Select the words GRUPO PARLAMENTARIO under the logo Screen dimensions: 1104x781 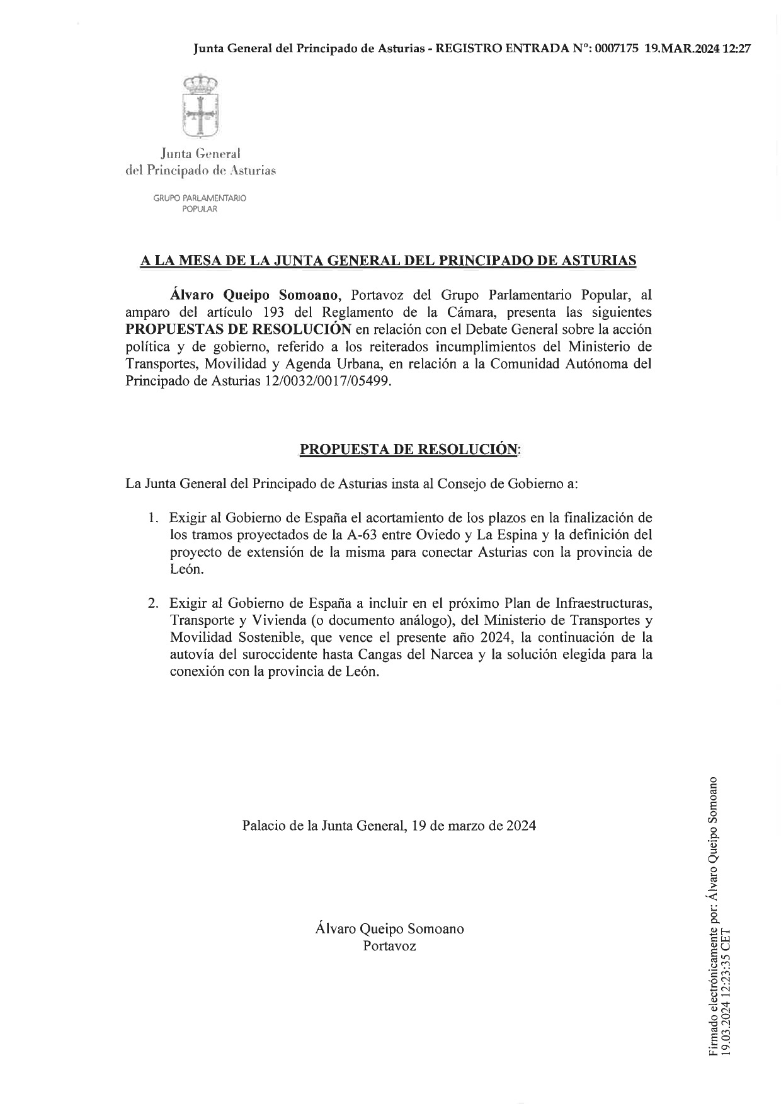pyautogui.click(x=200, y=198)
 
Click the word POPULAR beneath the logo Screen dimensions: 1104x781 pyautogui.click(x=200, y=209)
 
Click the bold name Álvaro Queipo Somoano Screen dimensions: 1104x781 pyautogui.click(x=254, y=295)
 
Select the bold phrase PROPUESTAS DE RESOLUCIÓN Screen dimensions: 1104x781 pyautogui.click(x=238, y=329)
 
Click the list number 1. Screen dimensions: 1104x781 pyautogui.click(x=152, y=518)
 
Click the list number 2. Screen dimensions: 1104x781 pyautogui.click(x=152, y=603)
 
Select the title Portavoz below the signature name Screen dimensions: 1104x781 pyautogui.click(x=389, y=946)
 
